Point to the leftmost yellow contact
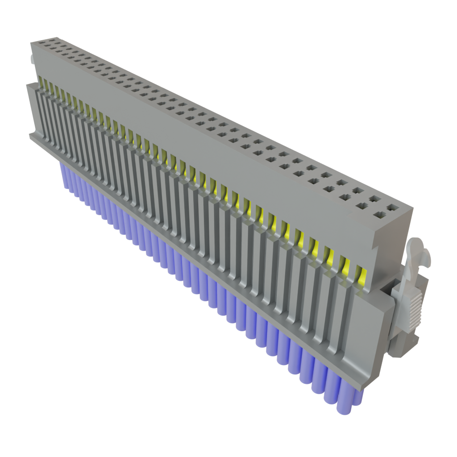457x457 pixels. click(42, 82)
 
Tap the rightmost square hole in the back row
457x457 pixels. click(392, 207)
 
